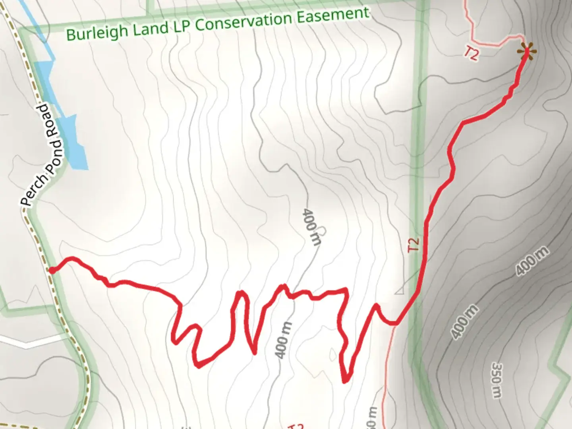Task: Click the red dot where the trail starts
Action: tap(52, 271)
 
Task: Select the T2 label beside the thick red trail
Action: tap(414, 244)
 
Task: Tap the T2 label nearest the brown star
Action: tap(471, 53)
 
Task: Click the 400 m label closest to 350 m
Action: tap(465, 322)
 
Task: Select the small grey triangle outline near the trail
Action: tap(400, 290)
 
